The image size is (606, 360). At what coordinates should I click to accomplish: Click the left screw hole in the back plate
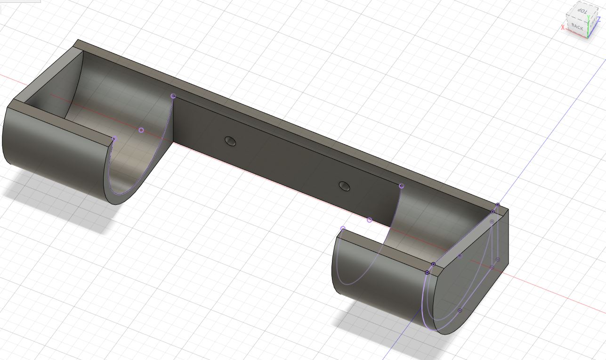[x=230, y=141]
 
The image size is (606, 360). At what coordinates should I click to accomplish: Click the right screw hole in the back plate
[x=344, y=186]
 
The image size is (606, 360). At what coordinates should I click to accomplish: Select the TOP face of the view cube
[x=582, y=12]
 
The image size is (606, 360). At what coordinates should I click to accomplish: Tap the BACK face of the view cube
[x=577, y=27]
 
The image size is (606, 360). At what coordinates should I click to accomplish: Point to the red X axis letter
[x=563, y=27]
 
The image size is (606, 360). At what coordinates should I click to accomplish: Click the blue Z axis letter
[x=604, y=19]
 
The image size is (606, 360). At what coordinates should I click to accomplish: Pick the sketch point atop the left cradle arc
[x=173, y=96]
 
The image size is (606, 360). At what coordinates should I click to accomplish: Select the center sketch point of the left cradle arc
[x=141, y=131]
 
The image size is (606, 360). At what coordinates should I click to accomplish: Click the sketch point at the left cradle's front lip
[x=114, y=139]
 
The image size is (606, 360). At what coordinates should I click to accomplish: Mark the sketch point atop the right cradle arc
[x=402, y=186]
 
